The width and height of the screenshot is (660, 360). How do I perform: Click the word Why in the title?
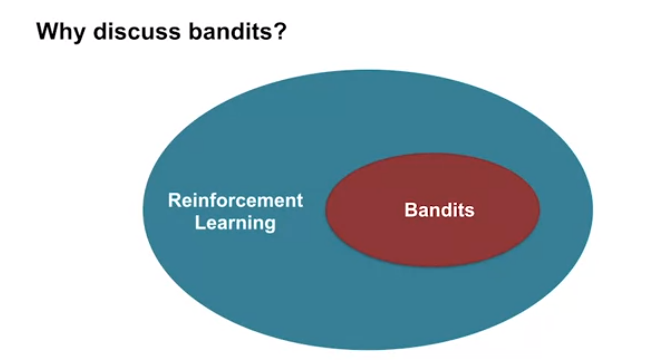(x=61, y=32)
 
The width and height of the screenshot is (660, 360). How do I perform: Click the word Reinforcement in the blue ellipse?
(x=235, y=200)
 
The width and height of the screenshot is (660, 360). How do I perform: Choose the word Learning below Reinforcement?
(x=235, y=224)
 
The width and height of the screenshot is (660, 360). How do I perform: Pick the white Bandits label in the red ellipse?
(x=440, y=210)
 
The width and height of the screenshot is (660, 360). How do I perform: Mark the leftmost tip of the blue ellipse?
(x=143, y=209)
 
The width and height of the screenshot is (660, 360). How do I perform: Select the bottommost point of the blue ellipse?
(x=368, y=350)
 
